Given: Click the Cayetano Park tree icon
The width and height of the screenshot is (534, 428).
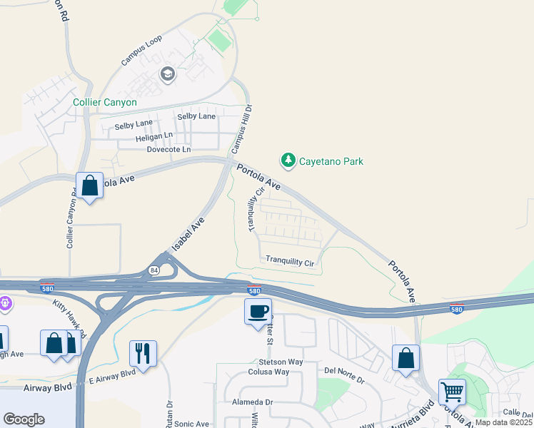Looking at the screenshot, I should click(x=288, y=160).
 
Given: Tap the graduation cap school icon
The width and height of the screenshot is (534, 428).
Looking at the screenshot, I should click(x=168, y=74).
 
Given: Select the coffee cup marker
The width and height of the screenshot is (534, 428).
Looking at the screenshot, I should click(x=258, y=311).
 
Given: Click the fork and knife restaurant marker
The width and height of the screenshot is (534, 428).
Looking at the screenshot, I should click(x=143, y=352).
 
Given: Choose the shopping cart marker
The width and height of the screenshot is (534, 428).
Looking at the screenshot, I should click(x=452, y=391).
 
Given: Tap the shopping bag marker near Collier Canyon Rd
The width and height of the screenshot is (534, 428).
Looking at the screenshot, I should click(x=90, y=186).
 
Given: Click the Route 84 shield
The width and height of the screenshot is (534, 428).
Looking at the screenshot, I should click(x=154, y=270).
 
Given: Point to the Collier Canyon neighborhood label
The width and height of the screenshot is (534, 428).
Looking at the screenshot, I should click(x=105, y=102).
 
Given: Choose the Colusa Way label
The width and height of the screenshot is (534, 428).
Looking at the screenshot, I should click(x=268, y=372).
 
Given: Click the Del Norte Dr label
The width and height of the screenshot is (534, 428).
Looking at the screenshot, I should click(x=344, y=370).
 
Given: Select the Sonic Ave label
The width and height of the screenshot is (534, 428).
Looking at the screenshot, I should click(x=191, y=424).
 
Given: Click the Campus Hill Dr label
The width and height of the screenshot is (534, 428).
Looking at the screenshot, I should click(x=242, y=129).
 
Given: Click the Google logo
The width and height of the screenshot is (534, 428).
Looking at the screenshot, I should click(x=24, y=419).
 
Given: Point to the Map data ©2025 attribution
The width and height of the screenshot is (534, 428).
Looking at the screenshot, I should click(x=503, y=422).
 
